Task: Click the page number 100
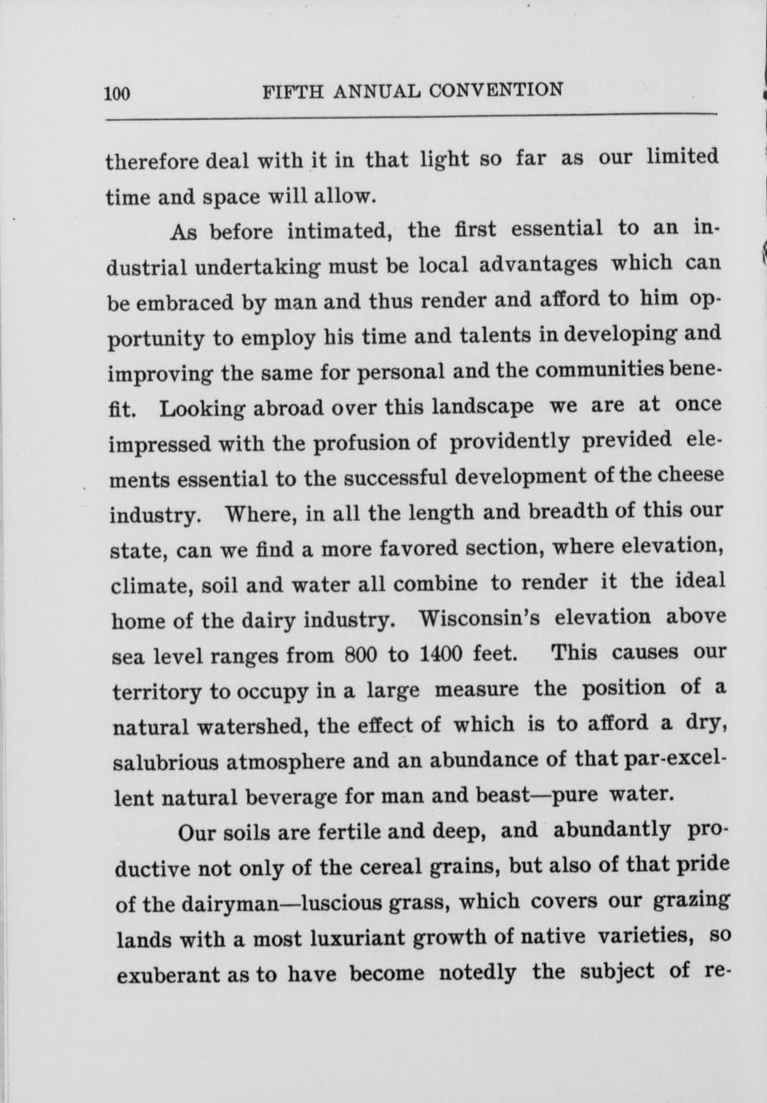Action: tap(117, 94)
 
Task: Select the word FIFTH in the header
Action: tap(292, 92)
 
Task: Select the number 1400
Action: tap(439, 654)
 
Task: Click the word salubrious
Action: tap(164, 762)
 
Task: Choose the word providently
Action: tap(510, 441)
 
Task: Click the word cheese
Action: tap(690, 475)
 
